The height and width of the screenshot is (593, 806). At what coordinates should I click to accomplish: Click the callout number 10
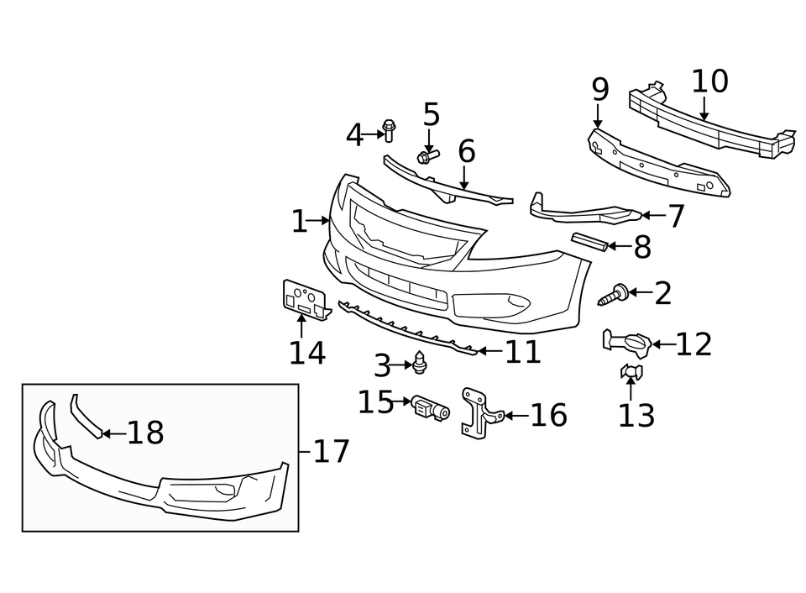(709, 81)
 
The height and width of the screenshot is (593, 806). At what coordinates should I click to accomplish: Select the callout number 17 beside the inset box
(330, 452)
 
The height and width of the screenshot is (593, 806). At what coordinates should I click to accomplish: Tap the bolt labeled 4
(389, 131)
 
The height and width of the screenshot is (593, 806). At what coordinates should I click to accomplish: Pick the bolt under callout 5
(427, 156)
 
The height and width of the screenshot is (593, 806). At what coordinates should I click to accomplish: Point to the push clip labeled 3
(421, 364)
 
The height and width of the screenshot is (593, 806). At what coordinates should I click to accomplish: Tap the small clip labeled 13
(631, 371)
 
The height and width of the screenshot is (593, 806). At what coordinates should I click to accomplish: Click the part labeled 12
(625, 342)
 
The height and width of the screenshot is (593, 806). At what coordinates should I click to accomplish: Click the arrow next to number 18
(113, 433)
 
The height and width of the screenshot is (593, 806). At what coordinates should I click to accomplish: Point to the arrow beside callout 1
(320, 221)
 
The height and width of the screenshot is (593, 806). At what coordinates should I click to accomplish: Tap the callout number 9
(599, 88)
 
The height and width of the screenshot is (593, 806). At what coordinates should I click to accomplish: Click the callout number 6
(466, 151)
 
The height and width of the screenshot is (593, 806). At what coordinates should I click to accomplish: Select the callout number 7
(675, 216)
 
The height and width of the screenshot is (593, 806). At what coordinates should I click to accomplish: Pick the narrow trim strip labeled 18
(85, 415)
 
